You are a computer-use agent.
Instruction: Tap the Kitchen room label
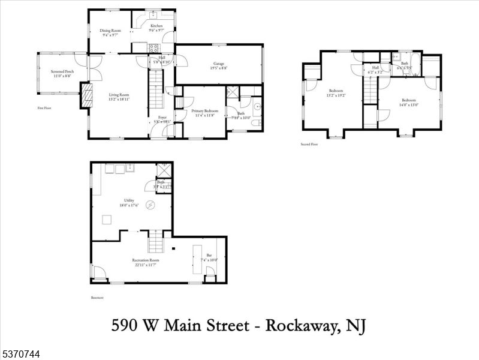point(156,26)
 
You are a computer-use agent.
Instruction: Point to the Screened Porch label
point(61,72)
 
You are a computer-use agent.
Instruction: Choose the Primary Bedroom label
point(205,111)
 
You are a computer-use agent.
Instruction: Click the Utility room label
point(129,200)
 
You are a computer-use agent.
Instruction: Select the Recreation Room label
point(145,260)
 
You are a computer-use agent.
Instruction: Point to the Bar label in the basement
point(209,256)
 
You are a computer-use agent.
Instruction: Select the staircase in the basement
point(156,242)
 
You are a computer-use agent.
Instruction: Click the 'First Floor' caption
point(44,108)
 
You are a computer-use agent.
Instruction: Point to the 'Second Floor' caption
point(309,144)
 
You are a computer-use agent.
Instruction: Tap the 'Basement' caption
point(97,298)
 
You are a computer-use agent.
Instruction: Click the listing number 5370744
point(21,355)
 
